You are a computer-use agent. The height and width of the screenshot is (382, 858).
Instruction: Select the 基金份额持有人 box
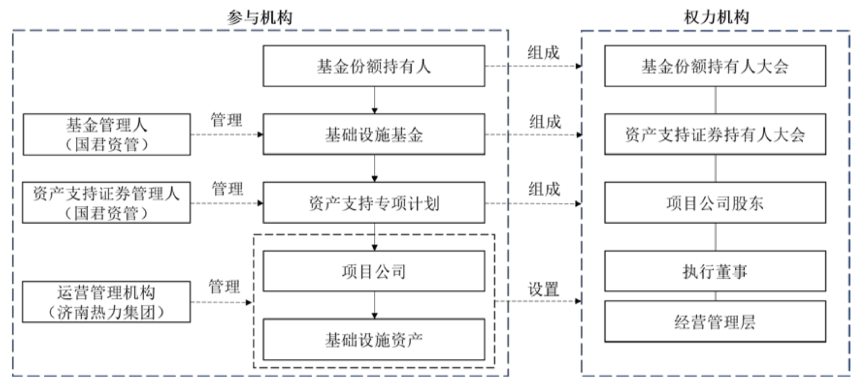tap(374, 66)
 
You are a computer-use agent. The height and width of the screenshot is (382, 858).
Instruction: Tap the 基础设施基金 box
tap(374, 135)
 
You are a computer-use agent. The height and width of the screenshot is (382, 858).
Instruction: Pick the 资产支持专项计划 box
tap(374, 203)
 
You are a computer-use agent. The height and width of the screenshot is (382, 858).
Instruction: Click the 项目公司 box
tap(374, 271)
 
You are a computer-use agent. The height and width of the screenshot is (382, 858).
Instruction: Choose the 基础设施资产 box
tap(374, 339)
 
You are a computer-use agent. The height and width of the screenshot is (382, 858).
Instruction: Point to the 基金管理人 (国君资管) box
tap(107, 135)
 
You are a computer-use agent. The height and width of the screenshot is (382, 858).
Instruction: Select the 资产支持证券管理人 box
tap(107, 203)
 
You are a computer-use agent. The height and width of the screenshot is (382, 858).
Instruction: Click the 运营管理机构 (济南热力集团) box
tap(107, 302)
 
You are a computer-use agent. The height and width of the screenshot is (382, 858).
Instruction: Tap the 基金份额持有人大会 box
tap(715, 66)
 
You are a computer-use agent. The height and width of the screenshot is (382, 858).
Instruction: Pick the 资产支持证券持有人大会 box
tap(715, 135)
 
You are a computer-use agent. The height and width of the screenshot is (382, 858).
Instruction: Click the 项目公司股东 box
tap(715, 203)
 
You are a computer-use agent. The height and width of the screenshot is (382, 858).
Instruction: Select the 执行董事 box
tap(715, 271)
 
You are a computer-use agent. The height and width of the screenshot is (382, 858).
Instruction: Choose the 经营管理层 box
tap(715, 321)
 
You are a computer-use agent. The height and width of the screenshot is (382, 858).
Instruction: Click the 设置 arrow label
tap(544, 289)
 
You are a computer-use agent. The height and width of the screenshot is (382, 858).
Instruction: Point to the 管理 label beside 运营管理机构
tap(224, 288)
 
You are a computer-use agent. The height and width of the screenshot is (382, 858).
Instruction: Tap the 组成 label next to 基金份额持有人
tap(544, 53)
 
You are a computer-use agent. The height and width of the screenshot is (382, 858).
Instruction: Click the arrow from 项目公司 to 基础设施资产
tap(374, 305)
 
